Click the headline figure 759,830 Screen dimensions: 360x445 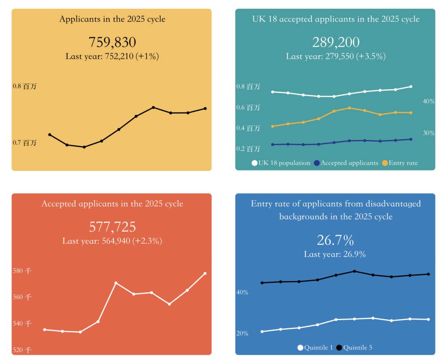tap(112, 42)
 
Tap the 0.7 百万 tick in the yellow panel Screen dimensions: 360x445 tap(24, 143)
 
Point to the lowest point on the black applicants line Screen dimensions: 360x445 tap(84, 147)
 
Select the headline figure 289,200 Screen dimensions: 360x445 tap(336, 42)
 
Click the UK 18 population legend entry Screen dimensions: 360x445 tap(281, 163)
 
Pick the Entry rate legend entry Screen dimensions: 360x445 tap(400, 163)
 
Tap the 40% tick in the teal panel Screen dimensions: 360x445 tap(429, 101)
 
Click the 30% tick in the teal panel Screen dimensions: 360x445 tap(429, 133)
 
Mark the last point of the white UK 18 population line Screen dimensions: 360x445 tap(411, 86)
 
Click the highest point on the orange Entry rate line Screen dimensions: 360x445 tap(349, 108)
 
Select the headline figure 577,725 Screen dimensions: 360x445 tap(112, 227)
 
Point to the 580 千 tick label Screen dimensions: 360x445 tap(22, 271)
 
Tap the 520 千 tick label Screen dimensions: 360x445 tap(22, 350)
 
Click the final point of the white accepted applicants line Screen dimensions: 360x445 tap(205, 274)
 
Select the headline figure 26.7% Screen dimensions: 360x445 tap(335, 240)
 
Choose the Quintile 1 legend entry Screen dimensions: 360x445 tap(315, 348)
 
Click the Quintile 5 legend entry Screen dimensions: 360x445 tap(354, 348)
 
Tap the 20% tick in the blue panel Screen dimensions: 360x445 tap(242, 333)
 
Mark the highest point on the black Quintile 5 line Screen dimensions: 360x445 tap(355, 271)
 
